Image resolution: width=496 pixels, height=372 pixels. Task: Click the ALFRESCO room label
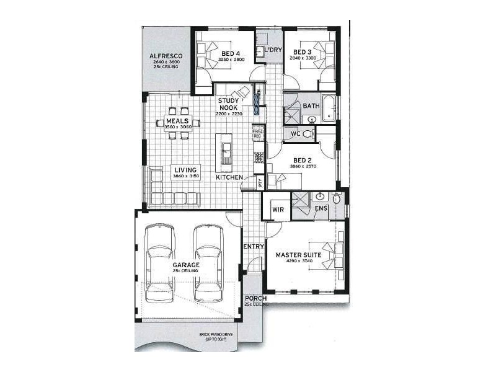[166, 56]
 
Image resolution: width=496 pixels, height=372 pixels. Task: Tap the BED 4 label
[231, 53]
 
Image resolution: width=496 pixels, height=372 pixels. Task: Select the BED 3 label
[302, 52]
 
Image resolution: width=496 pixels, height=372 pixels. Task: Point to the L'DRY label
[273, 51]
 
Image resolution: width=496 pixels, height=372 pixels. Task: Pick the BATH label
[311, 106]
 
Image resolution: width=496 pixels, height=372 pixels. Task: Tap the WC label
[296, 133]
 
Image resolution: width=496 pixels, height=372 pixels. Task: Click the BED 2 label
[304, 160]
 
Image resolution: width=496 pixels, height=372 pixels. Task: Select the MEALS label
[177, 121]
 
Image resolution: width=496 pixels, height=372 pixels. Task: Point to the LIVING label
[185, 170]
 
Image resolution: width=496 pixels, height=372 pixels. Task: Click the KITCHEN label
[229, 178]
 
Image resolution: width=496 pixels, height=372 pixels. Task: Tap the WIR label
[278, 210]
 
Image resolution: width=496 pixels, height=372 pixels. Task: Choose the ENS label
[321, 209]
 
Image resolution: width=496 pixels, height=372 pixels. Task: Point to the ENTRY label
[254, 247]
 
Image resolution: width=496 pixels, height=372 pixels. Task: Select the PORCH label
[256, 298]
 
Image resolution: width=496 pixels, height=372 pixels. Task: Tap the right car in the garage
[208, 263]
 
